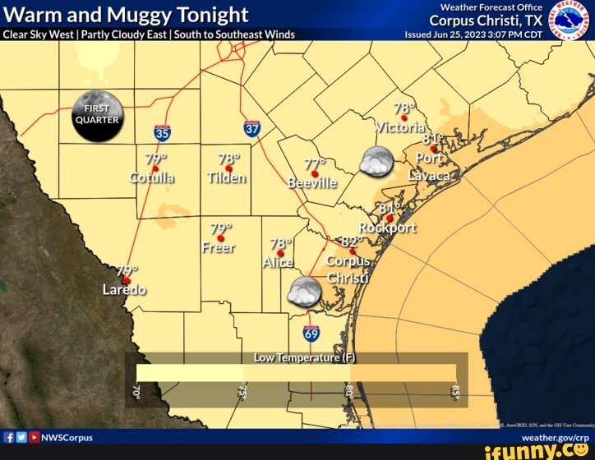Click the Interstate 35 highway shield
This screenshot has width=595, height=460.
[162, 131]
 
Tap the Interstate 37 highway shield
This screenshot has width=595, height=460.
[252, 128]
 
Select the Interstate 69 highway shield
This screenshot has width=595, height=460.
[311, 333]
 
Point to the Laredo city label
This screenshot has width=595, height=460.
[124, 290]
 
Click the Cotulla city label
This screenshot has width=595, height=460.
[152, 178]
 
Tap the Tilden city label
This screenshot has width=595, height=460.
[227, 178]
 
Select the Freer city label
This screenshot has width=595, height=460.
[219, 247]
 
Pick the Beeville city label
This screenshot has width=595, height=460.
[312, 183]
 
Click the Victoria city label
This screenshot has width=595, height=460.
[400, 126]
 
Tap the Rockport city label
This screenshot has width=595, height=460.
[388, 228]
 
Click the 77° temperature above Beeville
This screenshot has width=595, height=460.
[315, 164]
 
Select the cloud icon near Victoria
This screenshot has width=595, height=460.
[376, 163]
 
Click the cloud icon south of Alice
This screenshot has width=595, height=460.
[304, 292]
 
